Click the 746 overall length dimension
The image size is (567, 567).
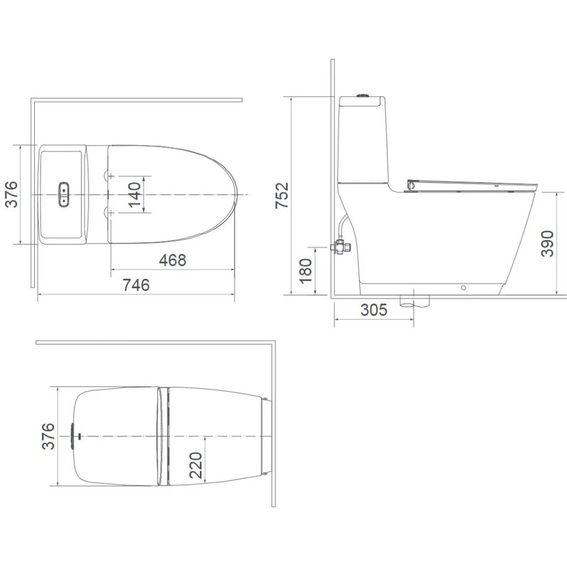coord(136,285)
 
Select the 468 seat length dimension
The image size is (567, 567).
coord(173,260)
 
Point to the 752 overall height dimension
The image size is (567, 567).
coord(282,195)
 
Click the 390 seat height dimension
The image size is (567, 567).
coord(547,244)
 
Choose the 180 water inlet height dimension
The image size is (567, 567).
coord(306,271)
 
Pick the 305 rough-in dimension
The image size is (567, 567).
coord(374,310)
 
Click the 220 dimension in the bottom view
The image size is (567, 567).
coord(195,465)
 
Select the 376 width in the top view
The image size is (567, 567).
coord(11,194)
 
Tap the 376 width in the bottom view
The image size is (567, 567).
coord(48,436)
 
